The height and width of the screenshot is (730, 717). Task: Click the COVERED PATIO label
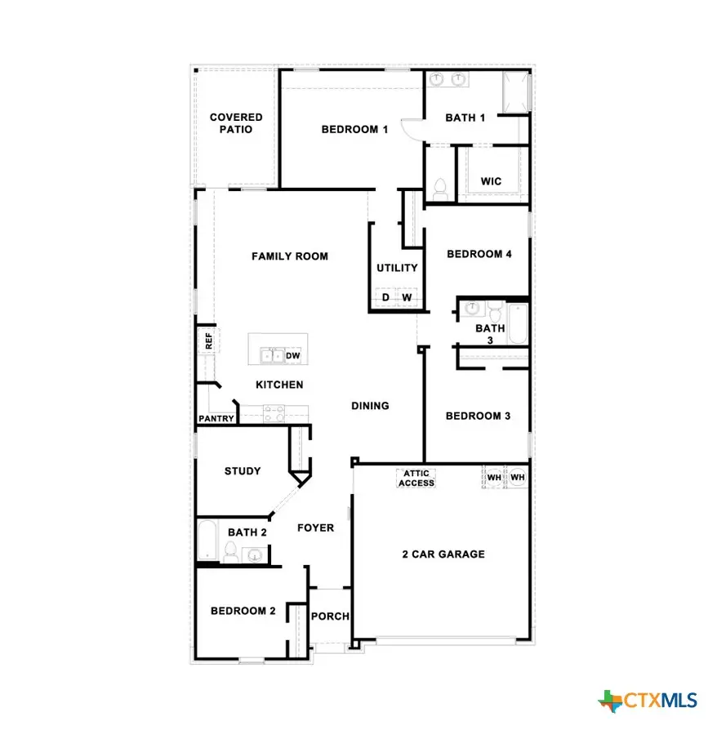236,123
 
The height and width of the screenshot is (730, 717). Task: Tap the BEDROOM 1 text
354,129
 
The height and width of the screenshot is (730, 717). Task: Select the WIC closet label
491,181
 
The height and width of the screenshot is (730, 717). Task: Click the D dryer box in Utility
385,298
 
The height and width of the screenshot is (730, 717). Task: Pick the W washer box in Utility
407,298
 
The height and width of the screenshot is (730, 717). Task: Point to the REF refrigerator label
209,341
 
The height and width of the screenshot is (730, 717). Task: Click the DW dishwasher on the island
293,356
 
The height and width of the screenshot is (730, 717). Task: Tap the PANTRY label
216,419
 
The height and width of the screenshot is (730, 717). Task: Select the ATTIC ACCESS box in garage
416,479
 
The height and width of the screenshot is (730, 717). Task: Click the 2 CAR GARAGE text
443,554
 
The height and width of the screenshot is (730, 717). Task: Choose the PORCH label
331,616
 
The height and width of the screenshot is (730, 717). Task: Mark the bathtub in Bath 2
207,540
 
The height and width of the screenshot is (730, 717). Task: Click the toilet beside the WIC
439,187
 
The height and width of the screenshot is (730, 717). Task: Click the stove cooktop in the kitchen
273,412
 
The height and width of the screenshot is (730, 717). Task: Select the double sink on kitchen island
272,355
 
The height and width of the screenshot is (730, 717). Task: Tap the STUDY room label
243,471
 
